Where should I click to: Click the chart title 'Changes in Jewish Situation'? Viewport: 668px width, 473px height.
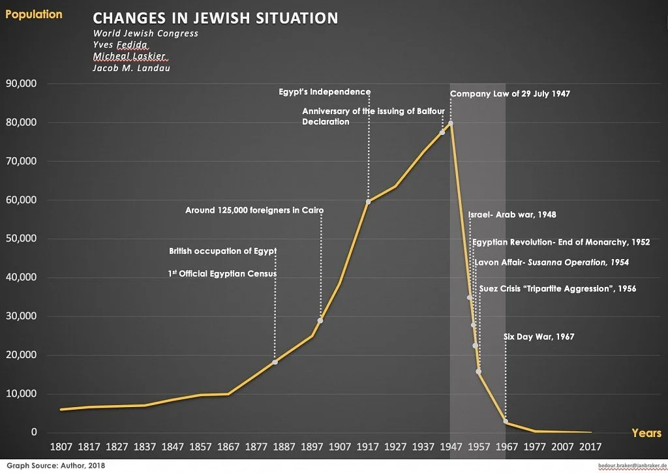(215, 18)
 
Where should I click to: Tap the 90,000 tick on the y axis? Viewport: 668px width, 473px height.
(22, 84)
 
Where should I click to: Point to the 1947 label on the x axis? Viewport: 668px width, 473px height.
(451, 447)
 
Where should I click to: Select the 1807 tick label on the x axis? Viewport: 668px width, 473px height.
(61, 447)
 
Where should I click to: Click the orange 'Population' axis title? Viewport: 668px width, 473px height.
(34, 14)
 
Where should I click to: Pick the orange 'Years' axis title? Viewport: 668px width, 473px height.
(646, 433)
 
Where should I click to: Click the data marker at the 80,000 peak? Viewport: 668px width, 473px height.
(450, 123)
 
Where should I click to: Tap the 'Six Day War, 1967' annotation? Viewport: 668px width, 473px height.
(539, 337)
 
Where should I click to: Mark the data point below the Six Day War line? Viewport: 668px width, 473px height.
(506, 421)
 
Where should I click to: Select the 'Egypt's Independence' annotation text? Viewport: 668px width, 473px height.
(325, 91)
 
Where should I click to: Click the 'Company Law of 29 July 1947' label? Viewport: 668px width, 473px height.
(510, 94)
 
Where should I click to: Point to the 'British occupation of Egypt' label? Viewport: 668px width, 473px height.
(223, 251)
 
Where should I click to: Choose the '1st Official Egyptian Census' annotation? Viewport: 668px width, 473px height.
(222, 273)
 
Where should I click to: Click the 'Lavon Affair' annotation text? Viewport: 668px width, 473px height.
(552, 262)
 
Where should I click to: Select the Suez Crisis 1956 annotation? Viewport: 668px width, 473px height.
(558, 289)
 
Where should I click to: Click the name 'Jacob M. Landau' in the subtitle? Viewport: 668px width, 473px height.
(131, 69)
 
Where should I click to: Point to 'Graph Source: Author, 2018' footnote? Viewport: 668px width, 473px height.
(56, 465)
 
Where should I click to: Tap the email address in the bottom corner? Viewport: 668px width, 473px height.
(633, 466)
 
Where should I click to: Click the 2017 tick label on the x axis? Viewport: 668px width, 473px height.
(590, 447)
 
